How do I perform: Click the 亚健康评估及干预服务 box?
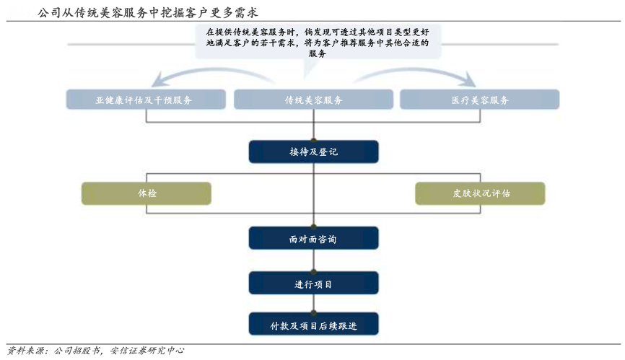tap(144, 100)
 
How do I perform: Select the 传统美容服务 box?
tap(313, 100)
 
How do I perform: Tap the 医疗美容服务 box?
tap(480, 100)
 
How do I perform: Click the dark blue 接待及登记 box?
tap(313, 152)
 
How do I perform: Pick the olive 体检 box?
tap(147, 193)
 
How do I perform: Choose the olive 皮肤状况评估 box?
tap(480, 193)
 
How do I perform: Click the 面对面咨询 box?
tap(313, 239)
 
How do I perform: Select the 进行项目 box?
tap(313, 284)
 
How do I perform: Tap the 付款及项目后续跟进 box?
tap(313, 325)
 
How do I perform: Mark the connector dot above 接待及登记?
tap(313, 139)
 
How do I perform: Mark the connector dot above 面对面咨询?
tap(313, 227)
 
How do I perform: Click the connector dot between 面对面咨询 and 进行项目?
tap(313, 271)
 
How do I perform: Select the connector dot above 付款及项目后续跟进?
tap(313, 312)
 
